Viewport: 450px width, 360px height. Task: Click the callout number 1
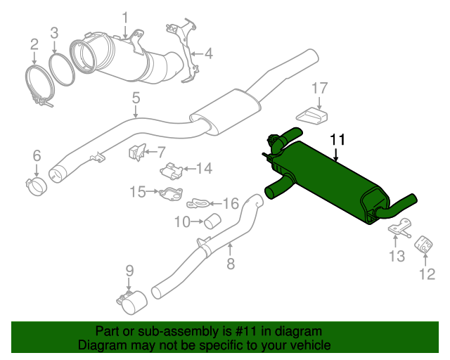coord(125,17)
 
